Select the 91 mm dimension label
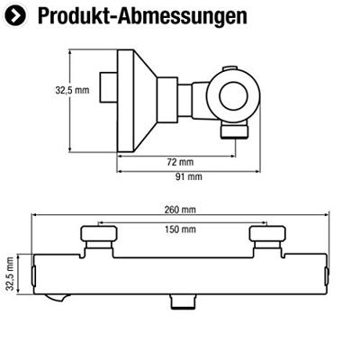(188, 176)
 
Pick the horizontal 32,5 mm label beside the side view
(72, 89)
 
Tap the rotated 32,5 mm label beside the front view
(11, 274)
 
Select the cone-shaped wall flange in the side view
(135, 90)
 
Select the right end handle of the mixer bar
(324, 274)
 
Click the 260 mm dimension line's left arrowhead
(36, 216)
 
